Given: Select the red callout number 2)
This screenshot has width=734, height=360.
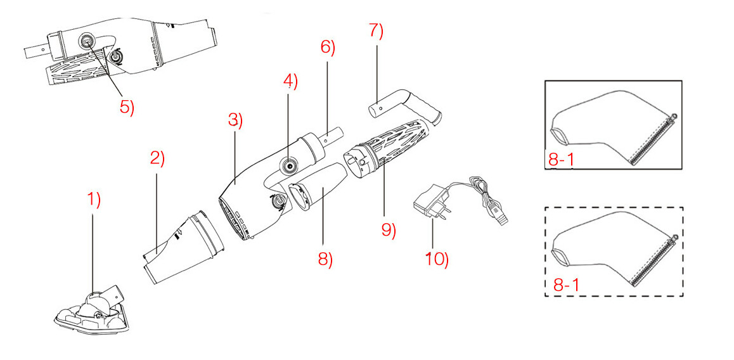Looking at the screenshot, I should pos(157,158).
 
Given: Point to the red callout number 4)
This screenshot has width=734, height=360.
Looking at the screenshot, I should pos(290,80).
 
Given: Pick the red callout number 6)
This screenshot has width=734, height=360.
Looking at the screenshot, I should pos(328,48).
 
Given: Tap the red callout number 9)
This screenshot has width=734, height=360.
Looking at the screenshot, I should pos(389,229).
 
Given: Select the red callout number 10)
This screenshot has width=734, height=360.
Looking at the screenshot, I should pos(437,260).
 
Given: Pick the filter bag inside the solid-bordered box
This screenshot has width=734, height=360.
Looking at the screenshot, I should pos(608,127).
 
